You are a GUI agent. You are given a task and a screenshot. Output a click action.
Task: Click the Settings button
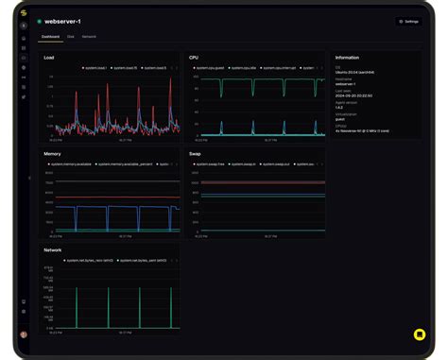[x=408, y=21]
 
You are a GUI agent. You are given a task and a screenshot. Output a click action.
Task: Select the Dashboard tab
[x=50, y=37]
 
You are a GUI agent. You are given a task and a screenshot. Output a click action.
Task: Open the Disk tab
[x=71, y=37]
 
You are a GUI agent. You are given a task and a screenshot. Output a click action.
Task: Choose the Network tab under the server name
[x=89, y=37]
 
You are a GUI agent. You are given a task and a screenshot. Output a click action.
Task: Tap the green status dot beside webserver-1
[x=40, y=21]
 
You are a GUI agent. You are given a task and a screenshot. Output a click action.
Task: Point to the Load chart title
[x=49, y=58]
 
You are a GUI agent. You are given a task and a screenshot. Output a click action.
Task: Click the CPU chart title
[x=194, y=58]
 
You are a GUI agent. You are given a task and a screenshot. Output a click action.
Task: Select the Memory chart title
[x=53, y=153]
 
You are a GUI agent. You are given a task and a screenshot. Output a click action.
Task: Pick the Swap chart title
[x=196, y=153]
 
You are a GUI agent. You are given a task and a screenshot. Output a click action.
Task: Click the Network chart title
[x=53, y=249]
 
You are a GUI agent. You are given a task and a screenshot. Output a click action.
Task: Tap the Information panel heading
[x=347, y=58]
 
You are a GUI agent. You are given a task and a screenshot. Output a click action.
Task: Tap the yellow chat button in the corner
[x=419, y=334]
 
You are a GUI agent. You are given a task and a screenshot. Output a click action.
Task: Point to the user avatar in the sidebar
[x=24, y=334]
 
